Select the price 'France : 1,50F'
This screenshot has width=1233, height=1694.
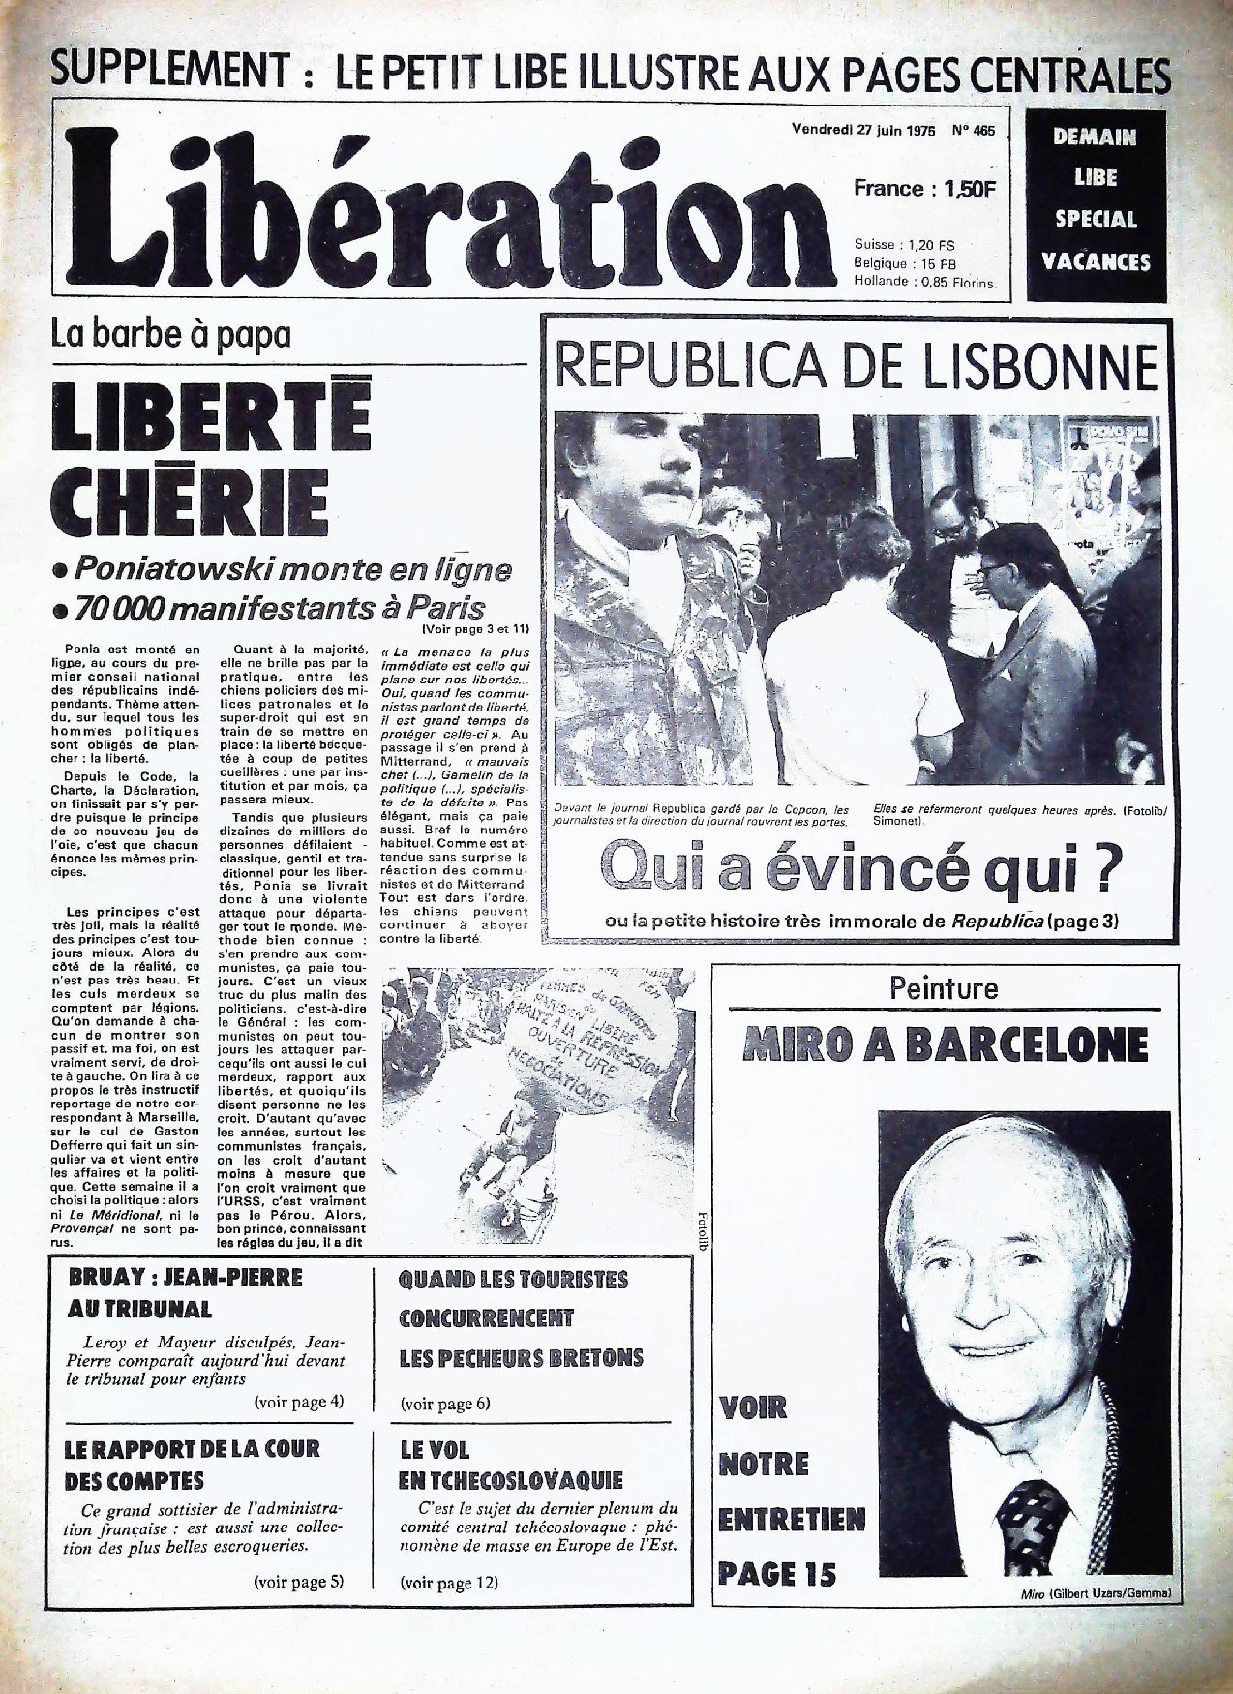[923, 189]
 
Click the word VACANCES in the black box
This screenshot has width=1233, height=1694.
[1096, 261]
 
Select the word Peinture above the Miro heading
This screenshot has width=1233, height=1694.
[943, 988]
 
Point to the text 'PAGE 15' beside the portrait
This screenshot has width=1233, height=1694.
[776, 1575]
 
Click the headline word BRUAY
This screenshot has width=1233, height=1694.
[104, 1278]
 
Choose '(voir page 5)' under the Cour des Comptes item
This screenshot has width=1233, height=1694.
[298, 1582]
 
